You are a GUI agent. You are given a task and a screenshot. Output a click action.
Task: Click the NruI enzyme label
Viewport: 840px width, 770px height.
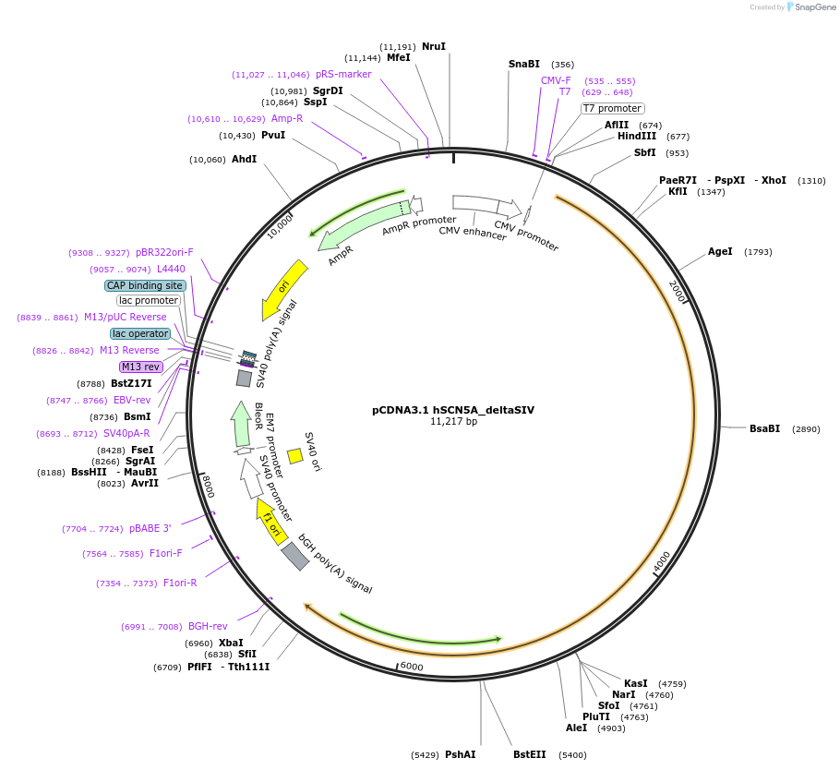[x=433, y=46]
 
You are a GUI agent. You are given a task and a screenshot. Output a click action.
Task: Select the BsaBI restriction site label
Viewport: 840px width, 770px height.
[x=764, y=428]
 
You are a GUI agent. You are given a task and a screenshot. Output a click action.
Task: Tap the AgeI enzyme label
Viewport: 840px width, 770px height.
[x=720, y=251]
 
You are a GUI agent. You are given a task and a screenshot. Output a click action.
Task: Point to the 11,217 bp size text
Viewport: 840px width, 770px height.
[x=453, y=422]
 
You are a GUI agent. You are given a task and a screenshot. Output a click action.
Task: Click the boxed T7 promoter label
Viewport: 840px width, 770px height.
[x=613, y=108]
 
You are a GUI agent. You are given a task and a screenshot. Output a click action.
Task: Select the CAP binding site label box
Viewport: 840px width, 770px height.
[x=145, y=285]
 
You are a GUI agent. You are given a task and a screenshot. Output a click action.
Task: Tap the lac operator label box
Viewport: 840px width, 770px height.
[x=140, y=333]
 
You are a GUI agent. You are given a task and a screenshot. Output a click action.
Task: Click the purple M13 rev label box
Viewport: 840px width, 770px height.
[x=140, y=367]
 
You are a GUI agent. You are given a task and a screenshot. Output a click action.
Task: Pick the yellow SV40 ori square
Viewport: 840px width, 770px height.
[x=295, y=456]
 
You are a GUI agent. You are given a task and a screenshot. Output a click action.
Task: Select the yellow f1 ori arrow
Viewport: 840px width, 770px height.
[x=270, y=522]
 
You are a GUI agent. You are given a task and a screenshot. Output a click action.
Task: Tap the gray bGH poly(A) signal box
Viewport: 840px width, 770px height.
[x=295, y=556]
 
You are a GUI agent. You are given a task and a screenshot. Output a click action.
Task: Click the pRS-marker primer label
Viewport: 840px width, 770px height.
[x=343, y=74]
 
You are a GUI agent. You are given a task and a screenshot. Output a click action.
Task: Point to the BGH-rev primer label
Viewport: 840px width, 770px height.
[x=208, y=626]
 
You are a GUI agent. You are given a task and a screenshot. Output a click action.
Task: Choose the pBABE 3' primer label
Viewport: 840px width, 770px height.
[x=150, y=528]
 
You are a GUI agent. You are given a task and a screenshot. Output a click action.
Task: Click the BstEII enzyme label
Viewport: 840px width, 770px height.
[x=530, y=754]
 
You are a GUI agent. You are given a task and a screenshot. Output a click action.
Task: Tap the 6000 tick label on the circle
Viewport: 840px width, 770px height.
[x=411, y=667]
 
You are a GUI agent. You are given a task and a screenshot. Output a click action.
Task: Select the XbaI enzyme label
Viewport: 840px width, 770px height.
[x=231, y=643]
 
